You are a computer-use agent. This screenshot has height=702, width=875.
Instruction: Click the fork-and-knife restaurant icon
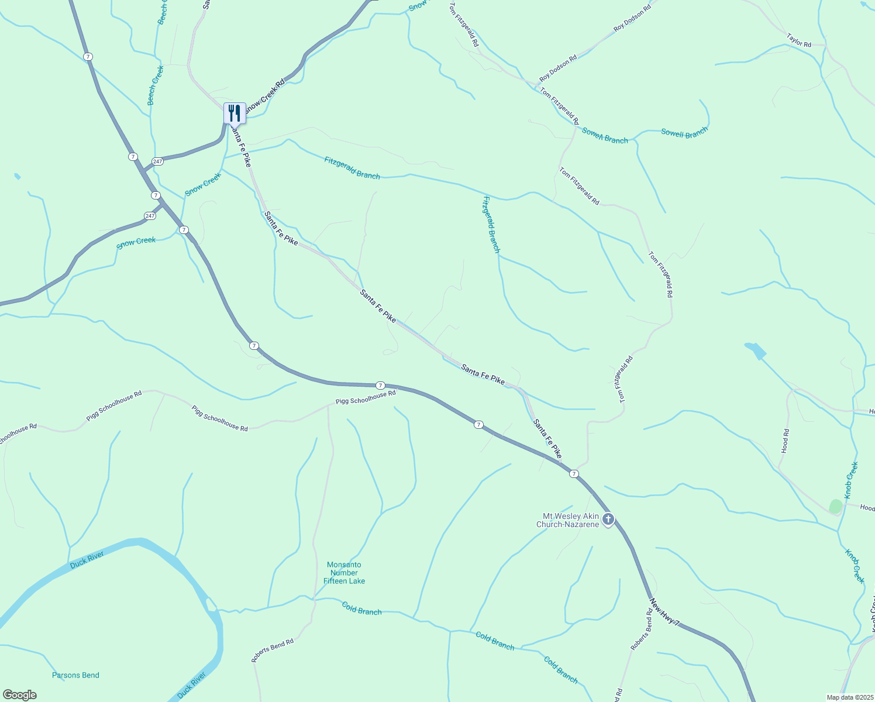tap(235, 113)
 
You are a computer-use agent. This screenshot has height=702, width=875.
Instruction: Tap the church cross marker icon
tap(608, 519)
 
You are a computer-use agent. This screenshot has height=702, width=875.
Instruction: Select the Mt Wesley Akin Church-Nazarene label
tap(570, 520)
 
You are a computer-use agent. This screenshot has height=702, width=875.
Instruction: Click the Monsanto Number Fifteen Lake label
tap(345, 573)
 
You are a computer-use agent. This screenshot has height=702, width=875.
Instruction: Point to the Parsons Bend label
tap(75, 675)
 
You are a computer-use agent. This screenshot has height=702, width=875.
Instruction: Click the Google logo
tap(20, 694)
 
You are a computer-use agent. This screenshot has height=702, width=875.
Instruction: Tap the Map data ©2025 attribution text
tap(849, 697)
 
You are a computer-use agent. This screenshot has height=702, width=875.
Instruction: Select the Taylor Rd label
tap(799, 40)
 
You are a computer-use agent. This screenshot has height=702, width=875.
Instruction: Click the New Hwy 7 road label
tap(665, 612)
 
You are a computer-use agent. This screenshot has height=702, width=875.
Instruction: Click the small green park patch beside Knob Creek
tap(836, 506)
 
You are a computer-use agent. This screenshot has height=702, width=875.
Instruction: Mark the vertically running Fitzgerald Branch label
tap(491, 224)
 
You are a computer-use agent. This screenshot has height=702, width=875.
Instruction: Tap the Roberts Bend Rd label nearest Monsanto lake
tap(273, 651)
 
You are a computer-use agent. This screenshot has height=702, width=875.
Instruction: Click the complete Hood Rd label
tap(786, 441)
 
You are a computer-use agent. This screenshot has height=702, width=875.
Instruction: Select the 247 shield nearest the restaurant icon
tap(157, 161)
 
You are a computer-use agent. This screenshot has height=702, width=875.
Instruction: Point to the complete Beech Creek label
tap(156, 85)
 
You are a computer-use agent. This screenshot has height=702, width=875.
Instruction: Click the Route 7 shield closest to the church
tap(574, 474)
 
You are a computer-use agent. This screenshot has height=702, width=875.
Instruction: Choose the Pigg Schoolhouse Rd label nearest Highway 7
tap(366, 398)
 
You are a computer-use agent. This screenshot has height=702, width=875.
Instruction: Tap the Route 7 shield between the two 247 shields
tap(156, 195)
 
